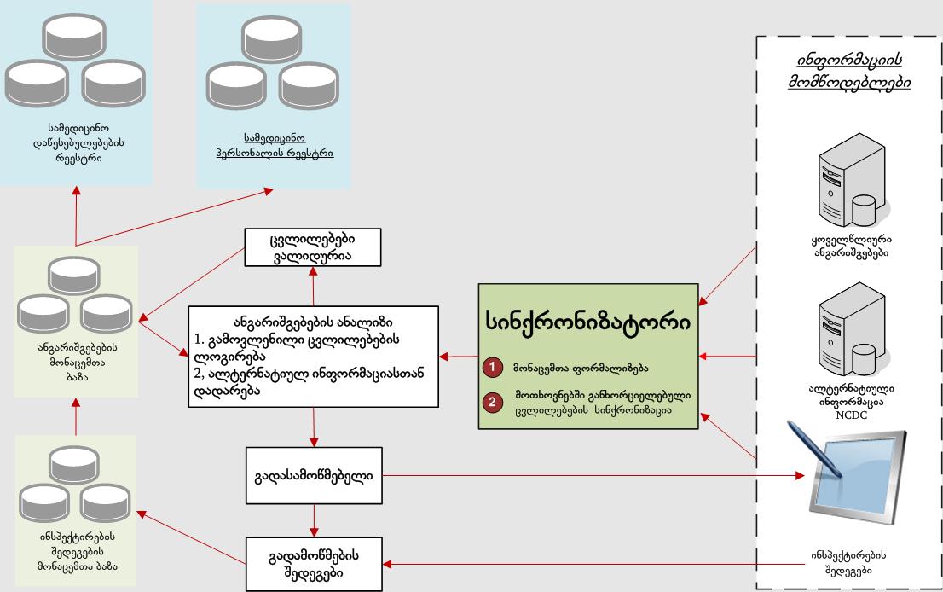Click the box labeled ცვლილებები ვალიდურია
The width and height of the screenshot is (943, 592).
(x=313, y=247)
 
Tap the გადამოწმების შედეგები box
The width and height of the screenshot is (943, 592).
(x=314, y=562)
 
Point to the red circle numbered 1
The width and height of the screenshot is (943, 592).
(x=493, y=369)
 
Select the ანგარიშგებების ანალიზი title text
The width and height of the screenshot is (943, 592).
(x=314, y=322)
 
